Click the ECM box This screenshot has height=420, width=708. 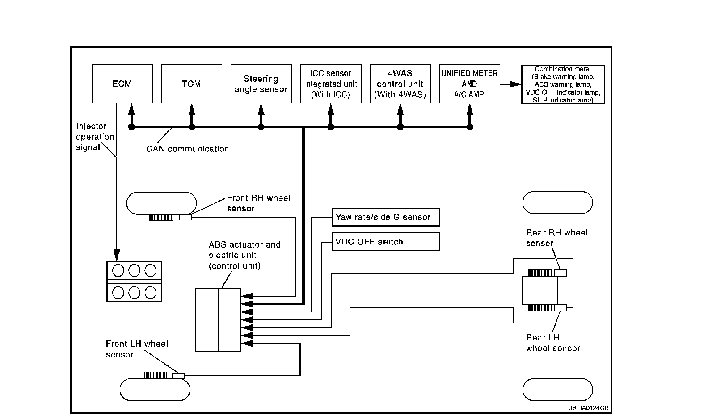[x=122, y=84]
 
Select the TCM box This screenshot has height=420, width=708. [x=191, y=84]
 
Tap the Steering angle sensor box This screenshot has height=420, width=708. [x=261, y=84]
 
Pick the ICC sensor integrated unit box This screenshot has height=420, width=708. [x=331, y=84]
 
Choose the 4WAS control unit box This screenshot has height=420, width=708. [x=400, y=84]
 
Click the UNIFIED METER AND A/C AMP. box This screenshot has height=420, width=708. [x=469, y=84]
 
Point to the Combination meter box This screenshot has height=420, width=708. [x=563, y=84]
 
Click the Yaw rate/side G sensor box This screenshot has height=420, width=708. [x=386, y=217]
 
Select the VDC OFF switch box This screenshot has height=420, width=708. [x=386, y=242]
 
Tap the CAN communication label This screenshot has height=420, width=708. [x=187, y=149]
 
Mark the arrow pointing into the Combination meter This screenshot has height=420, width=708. [x=510, y=84]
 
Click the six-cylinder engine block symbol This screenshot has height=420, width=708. [x=134, y=281]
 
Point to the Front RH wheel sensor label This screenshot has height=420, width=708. [x=258, y=203]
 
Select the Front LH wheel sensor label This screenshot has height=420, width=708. [x=137, y=349]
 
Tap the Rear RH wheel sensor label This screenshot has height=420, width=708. [x=556, y=238]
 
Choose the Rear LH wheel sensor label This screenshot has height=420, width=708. [x=553, y=343]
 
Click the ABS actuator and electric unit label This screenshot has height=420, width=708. [x=244, y=255]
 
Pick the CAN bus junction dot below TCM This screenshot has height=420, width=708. [x=192, y=127]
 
